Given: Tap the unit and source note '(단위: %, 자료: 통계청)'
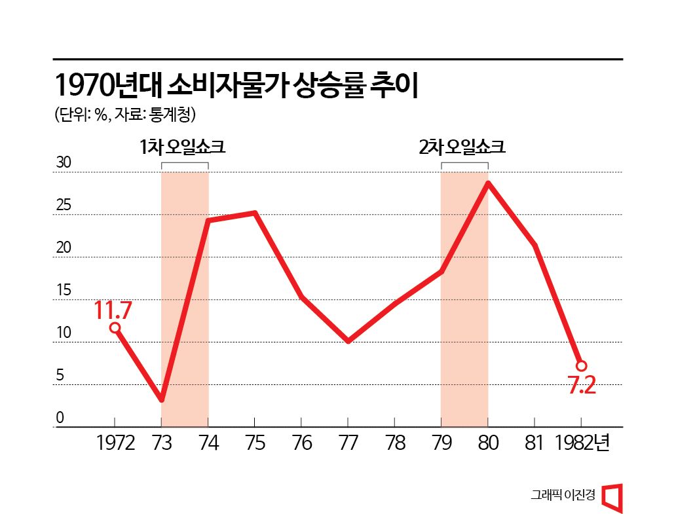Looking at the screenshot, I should pyautogui.click(x=125, y=115).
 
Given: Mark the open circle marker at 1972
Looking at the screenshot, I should pyautogui.click(x=115, y=327).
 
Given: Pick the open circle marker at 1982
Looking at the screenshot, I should pyautogui.click(x=581, y=365).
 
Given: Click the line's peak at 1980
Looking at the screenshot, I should pyautogui.click(x=487, y=183).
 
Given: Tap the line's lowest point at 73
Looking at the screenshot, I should pyautogui.click(x=161, y=399).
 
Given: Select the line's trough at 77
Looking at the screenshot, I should pyautogui.click(x=348, y=341).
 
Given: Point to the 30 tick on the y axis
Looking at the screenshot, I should pyautogui.click(x=63, y=164).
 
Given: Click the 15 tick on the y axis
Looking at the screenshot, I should pyautogui.click(x=63, y=291).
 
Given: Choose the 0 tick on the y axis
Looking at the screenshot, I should pyautogui.click(x=59, y=418).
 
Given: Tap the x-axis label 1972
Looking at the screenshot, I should pyautogui.click(x=115, y=443).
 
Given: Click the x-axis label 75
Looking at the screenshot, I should pyautogui.click(x=255, y=443).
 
